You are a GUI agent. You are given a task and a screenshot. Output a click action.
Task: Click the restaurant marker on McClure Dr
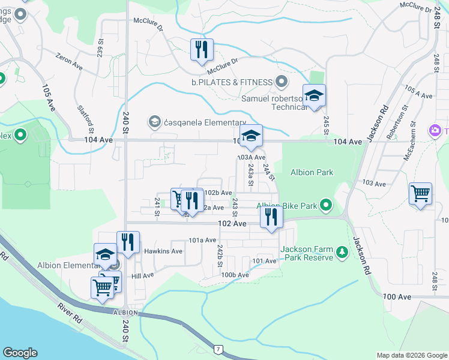(x=202, y=50)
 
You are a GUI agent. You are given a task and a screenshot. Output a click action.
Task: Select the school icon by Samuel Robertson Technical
(x=314, y=96)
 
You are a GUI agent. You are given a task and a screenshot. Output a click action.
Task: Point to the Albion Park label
(x=312, y=172)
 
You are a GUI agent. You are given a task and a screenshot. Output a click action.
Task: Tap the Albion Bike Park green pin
(x=326, y=206)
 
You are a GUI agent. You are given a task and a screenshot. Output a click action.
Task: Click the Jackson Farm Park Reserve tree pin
(x=342, y=251)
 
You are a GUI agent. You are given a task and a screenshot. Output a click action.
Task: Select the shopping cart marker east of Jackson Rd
(x=421, y=194)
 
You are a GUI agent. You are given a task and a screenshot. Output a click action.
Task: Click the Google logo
(x=20, y=353)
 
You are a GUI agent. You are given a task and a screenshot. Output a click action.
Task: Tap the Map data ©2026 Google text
(x=411, y=355)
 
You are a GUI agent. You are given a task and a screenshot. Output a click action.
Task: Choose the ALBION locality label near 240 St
(x=124, y=313)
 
